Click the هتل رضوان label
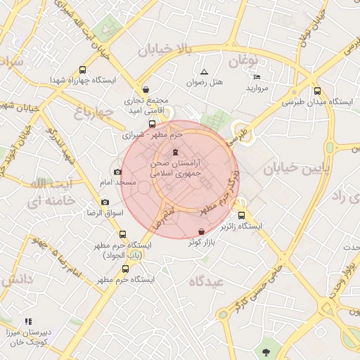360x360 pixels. click(x=204, y=82)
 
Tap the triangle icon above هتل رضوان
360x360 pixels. click(x=204, y=72)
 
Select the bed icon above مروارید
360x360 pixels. click(x=257, y=77)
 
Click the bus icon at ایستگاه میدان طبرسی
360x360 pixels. click(x=317, y=91)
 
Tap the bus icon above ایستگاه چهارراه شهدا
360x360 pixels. click(x=83, y=70)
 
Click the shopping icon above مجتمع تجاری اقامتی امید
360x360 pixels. click(x=146, y=89)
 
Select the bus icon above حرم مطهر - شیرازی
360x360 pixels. click(x=153, y=124)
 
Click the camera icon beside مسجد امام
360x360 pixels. click(x=117, y=172)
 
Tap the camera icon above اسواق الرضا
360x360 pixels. click(x=105, y=202)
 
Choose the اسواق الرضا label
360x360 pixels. click(x=104, y=213)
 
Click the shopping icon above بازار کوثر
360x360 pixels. click(x=202, y=231)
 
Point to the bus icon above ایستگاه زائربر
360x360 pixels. click(x=242, y=216)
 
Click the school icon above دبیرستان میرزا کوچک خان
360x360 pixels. click(x=28, y=321)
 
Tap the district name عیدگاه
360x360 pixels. click(x=205, y=281)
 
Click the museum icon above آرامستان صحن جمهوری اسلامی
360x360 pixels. click(x=175, y=152)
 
